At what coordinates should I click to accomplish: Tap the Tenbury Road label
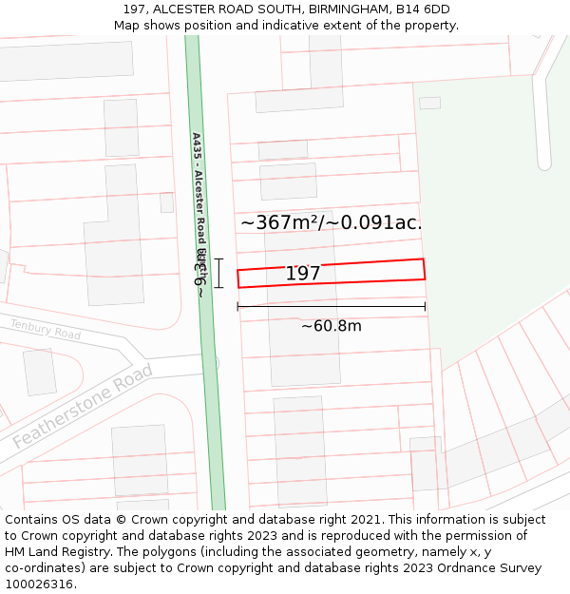point(46,330)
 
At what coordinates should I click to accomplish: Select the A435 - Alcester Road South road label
point(199,190)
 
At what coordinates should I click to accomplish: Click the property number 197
point(303,274)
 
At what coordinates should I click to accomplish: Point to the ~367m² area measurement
point(281,222)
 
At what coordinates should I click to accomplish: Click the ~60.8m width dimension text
point(331,326)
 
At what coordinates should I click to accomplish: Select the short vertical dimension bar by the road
point(218,273)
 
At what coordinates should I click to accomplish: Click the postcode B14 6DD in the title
point(425,10)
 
